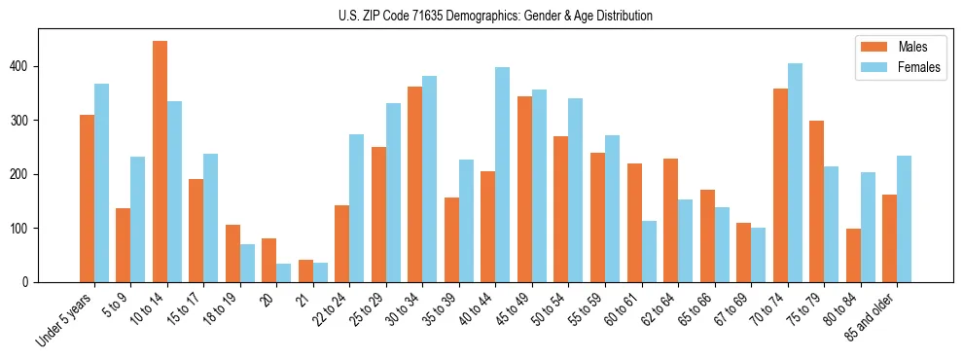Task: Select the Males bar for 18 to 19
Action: click(x=232, y=254)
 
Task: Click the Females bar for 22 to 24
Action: click(x=357, y=208)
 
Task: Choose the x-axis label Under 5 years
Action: click(x=66, y=317)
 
